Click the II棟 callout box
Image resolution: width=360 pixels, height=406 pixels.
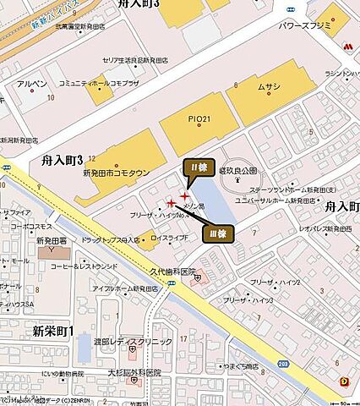tap(200, 167)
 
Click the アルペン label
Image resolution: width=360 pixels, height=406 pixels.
tap(31, 85)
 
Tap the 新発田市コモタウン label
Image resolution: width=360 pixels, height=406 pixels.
tap(117, 173)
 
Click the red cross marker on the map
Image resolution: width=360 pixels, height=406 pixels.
tap(184, 197)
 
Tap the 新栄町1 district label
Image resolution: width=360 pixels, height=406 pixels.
tap(53, 329)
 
